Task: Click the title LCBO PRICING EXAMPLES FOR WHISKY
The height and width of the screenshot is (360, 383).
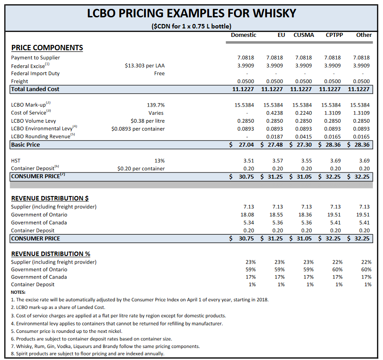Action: [191, 13]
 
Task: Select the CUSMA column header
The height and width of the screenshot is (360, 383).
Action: [303, 35]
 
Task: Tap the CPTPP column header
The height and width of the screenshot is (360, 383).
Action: [334, 35]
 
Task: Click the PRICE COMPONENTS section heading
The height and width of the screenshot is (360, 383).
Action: [47, 48]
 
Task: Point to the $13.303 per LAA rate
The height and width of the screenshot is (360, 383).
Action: [145, 66]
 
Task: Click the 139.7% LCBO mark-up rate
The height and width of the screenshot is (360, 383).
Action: [156, 105]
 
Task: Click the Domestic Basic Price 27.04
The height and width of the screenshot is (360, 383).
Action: [246, 145]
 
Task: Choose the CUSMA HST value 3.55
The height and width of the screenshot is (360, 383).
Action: [306, 161]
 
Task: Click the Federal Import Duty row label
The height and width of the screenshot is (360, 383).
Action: [35, 74]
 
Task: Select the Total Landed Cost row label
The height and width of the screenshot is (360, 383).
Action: [35, 89]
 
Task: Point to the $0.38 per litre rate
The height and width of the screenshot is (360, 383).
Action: [148, 121]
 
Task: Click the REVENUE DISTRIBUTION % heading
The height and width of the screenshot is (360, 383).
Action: [51, 254]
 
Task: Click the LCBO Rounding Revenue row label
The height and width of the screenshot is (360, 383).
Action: [40, 136]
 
